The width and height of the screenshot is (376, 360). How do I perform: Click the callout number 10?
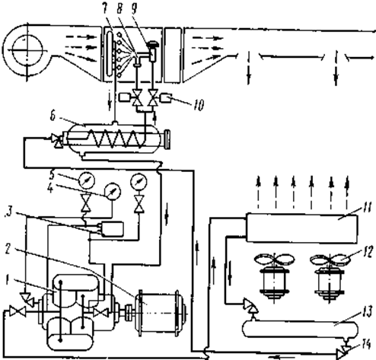click(199, 105)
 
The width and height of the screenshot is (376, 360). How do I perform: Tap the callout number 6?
click(53, 116)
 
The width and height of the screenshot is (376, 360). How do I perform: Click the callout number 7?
click(105, 9)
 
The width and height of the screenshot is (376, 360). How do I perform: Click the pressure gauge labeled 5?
click(87, 180)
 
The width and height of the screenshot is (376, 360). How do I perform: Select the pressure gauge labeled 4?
click(113, 191)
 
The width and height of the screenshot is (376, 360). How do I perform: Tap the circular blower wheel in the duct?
click(27, 49)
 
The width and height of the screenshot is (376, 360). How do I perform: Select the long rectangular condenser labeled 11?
click(302, 228)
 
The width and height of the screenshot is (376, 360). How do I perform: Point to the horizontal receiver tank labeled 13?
click(300, 329)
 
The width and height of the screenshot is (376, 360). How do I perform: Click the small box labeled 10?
click(166, 98)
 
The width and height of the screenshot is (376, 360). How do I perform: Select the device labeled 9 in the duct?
click(153, 52)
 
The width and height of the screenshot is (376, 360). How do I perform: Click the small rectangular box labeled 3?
click(113, 229)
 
